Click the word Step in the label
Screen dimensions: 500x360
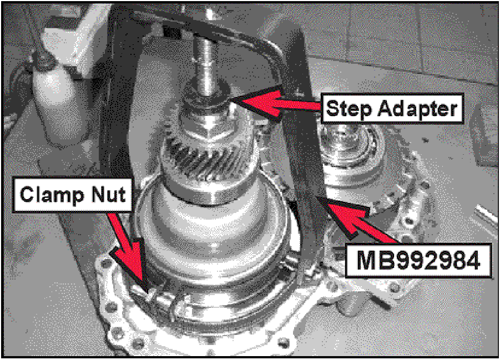pyautogui.click(x=349, y=109)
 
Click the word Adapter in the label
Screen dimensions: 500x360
pyautogui.click(x=418, y=108)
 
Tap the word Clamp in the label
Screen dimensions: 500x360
pyautogui.click(x=52, y=194)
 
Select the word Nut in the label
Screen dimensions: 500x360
pyautogui.click(x=108, y=194)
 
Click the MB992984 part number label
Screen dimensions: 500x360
pyautogui.click(x=418, y=261)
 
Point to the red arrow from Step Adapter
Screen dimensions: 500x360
pyautogui.click(x=277, y=103)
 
